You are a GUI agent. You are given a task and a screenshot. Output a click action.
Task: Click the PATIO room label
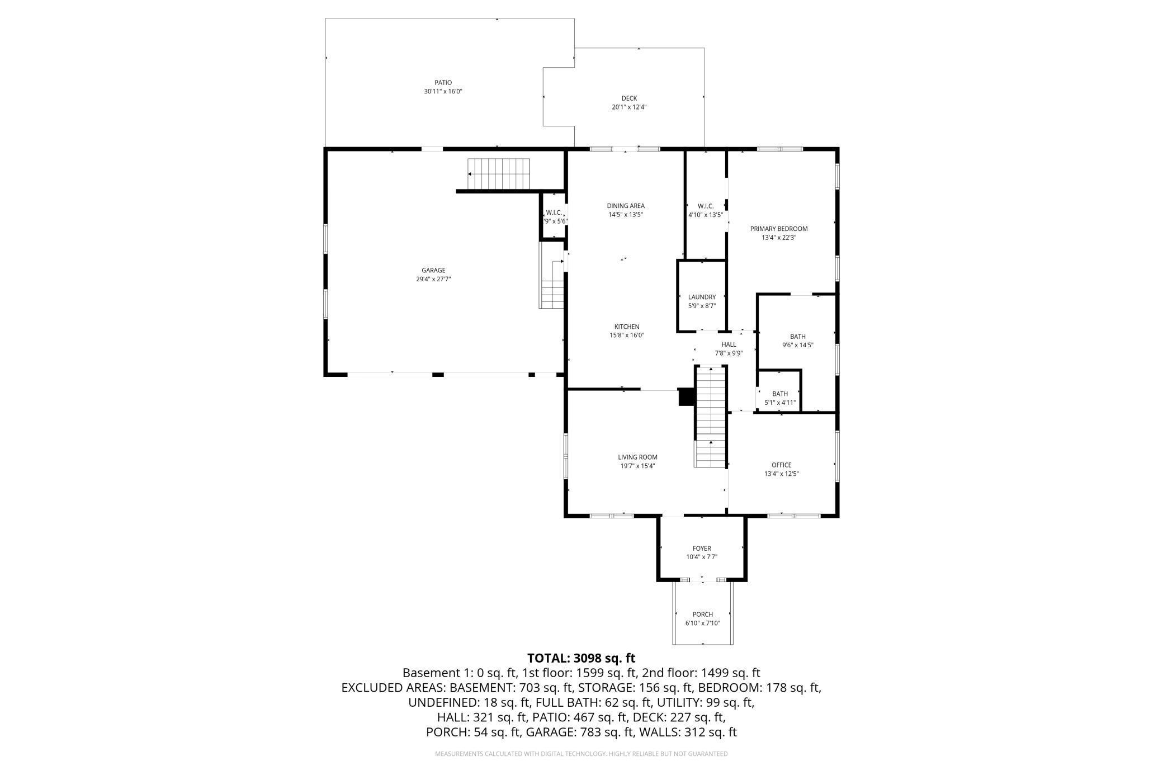(443, 83)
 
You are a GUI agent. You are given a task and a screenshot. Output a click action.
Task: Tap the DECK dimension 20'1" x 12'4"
(629, 107)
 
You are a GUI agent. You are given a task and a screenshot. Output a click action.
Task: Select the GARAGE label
(433, 271)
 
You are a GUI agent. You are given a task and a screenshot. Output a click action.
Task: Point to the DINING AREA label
(626, 206)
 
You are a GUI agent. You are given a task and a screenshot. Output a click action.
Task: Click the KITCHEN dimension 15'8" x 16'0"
(627, 335)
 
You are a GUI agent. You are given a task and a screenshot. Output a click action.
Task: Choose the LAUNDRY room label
(702, 297)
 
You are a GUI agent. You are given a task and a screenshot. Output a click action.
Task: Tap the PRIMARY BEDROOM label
(779, 229)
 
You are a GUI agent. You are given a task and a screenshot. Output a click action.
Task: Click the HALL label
(729, 344)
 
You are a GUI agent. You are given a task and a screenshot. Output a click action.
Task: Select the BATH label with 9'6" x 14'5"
(797, 337)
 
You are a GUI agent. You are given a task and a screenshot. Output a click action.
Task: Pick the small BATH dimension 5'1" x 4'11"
(780, 403)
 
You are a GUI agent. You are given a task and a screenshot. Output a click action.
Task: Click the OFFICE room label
(781, 465)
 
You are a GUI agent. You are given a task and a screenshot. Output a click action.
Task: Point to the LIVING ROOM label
(637, 457)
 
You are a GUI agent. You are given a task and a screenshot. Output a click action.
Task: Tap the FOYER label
(702, 549)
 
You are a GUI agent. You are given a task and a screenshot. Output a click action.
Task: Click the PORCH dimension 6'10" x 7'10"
(702, 623)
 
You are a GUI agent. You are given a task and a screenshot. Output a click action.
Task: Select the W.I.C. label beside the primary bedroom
(706, 206)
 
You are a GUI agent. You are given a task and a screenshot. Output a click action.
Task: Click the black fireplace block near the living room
(685, 396)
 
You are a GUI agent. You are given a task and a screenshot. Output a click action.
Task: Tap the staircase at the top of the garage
(499, 174)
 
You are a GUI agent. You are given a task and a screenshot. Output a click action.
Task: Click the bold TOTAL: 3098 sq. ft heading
(581, 658)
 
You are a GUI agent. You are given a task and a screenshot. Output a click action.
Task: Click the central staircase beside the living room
(711, 417)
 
